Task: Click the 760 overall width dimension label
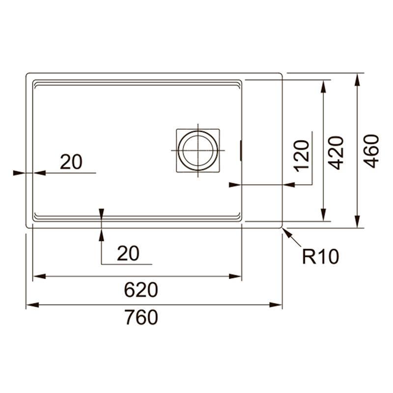tap(141, 317)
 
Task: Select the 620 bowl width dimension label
tap(141, 290)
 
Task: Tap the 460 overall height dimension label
tap(371, 151)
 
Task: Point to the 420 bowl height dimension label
tap(336, 153)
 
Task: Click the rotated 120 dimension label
tap(302, 156)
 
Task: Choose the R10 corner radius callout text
tap(321, 256)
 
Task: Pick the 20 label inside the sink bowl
tap(71, 162)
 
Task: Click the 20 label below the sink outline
tap(128, 253)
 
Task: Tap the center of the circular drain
tap(198, 151)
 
